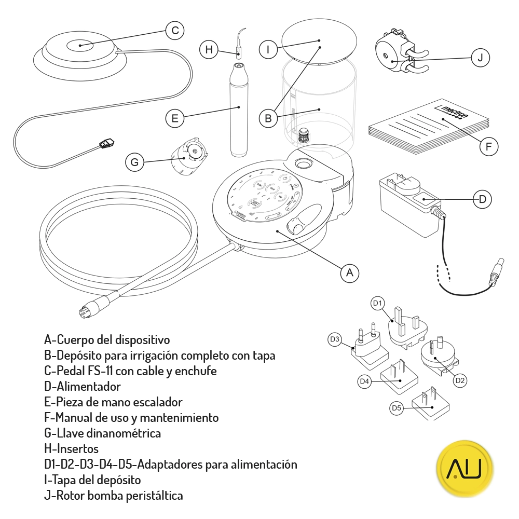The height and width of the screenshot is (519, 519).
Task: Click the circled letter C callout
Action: tap(175, 31)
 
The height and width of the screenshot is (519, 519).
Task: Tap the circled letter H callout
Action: tap(209, 50)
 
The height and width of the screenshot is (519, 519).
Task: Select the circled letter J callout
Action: tap(480, 58)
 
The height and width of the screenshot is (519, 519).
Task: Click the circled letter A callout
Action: tap(350, 272)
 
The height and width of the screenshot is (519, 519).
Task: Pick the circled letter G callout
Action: tap(135, 162)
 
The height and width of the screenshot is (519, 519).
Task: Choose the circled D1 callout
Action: tap(377, 303)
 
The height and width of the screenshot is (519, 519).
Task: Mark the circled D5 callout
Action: tap(397, 408)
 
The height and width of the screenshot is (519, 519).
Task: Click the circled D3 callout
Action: tap(335, 340)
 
